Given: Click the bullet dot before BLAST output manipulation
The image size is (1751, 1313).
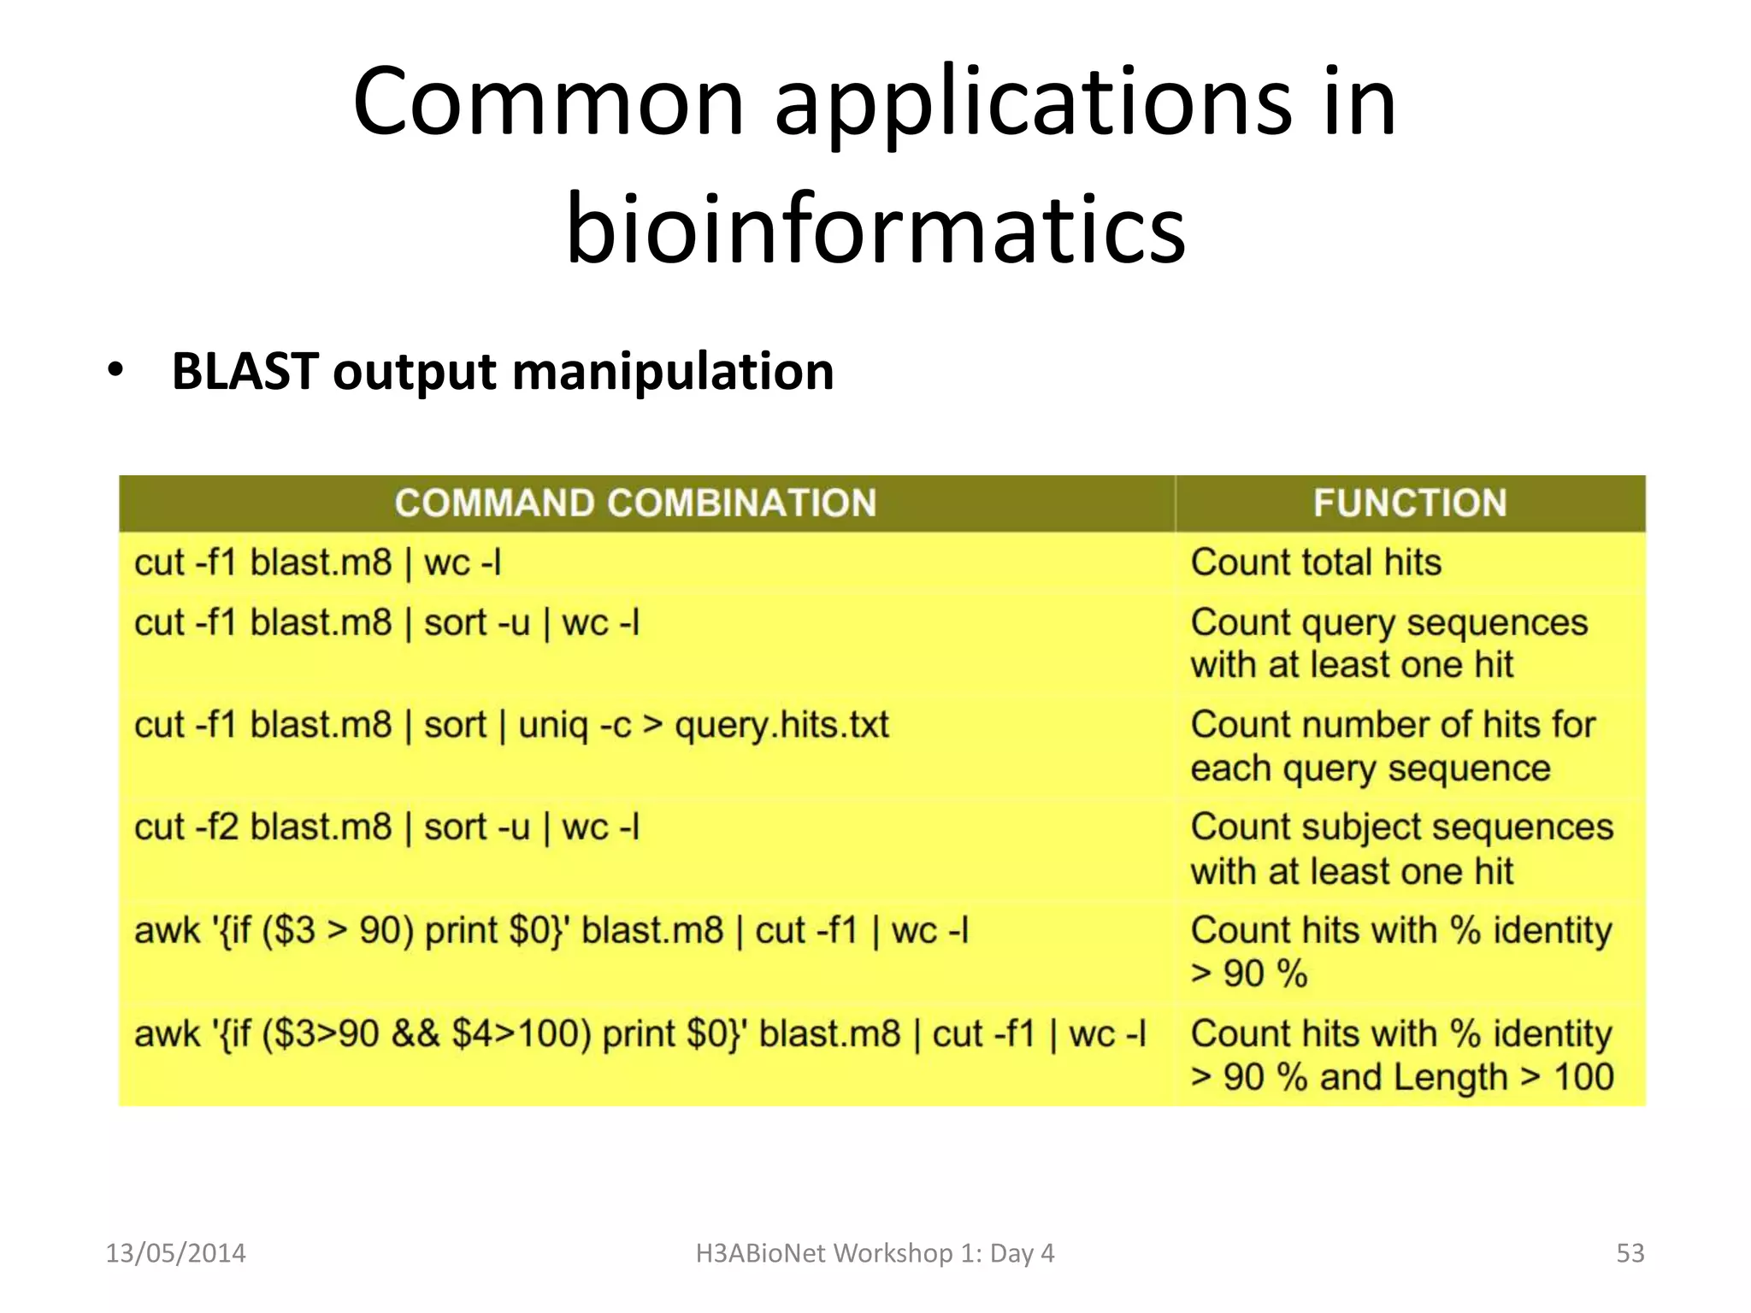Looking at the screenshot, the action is (115, 372).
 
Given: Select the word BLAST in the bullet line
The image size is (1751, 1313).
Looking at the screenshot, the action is (245, 372).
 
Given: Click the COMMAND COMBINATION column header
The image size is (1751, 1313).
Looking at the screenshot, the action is (635, 503).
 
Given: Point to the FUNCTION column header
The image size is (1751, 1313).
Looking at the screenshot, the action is (1410, 503).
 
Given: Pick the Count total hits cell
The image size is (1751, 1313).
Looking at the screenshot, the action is (1316, 562).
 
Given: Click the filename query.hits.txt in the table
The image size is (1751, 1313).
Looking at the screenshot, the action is (781, 726).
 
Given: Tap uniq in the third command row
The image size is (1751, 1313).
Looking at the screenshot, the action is (552, 726).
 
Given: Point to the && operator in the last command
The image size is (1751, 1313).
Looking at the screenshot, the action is (416, 1034).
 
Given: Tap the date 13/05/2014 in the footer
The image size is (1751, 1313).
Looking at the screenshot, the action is (175, 1253).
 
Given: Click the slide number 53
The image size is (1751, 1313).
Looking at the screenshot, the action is (1630, 1253).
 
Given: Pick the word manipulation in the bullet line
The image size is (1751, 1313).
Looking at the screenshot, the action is (673, 372).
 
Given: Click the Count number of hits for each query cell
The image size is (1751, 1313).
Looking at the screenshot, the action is (1393, 746).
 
